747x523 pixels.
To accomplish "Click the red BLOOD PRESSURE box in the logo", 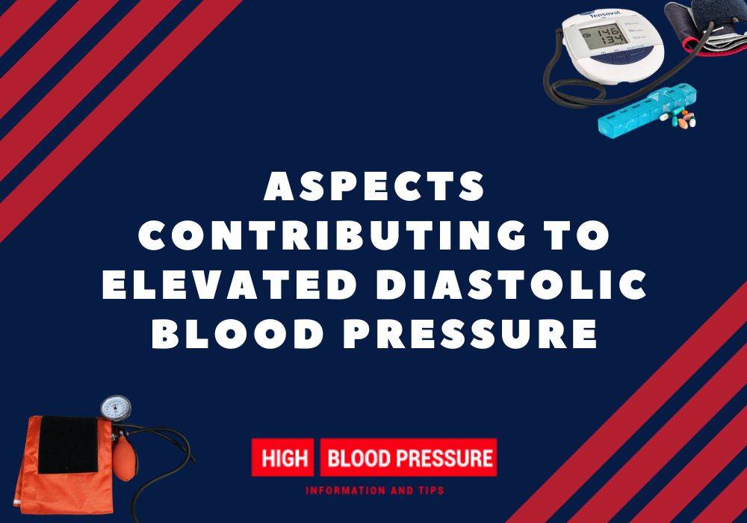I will coord(408,457).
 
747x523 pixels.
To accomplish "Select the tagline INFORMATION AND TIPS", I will coord(375,492).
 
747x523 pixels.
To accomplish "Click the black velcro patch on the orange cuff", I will coord(67,445).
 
